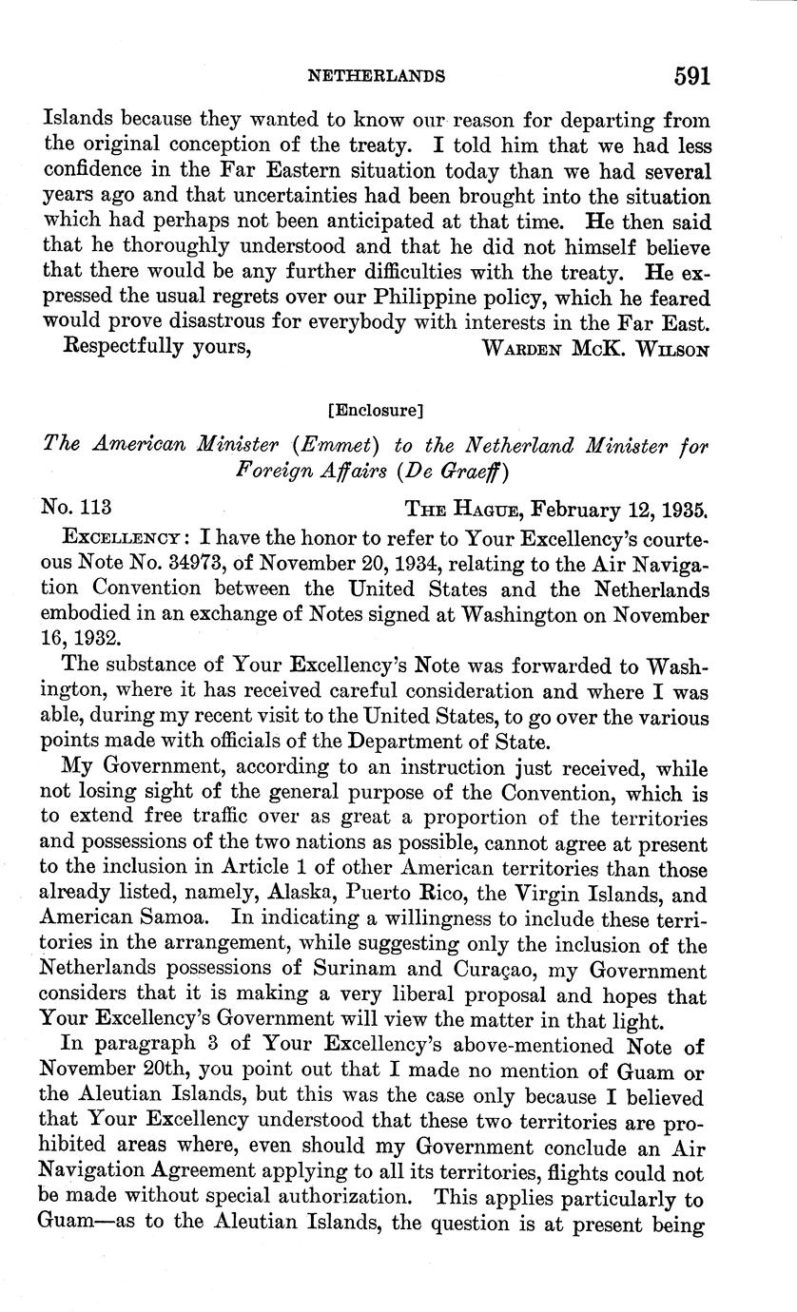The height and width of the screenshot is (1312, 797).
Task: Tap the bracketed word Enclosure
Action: [374, 411]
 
